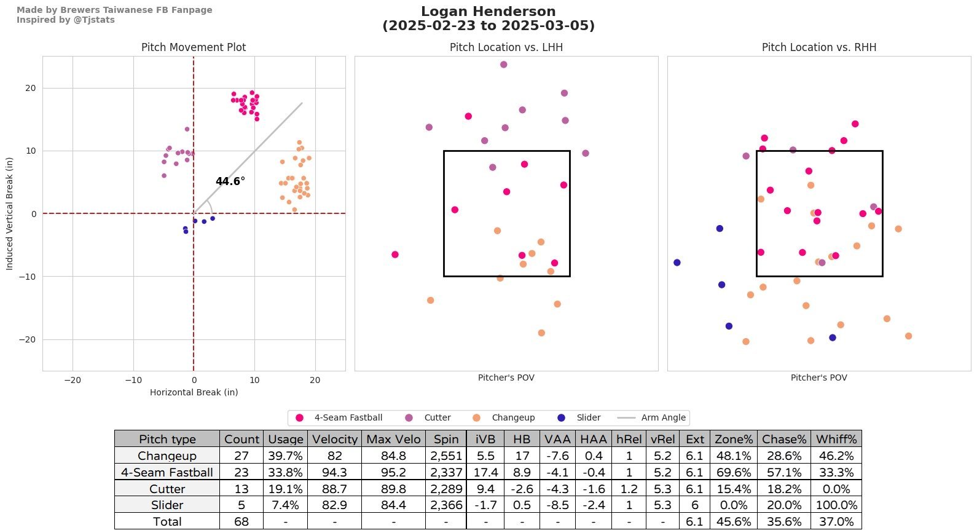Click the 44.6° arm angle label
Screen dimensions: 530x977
[230, 181]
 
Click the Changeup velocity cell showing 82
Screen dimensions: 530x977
[334, 456]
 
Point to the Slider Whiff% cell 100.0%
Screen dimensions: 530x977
[836, 505]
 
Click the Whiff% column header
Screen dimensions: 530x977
[836, 440]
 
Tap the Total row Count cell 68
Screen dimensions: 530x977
[241, 522]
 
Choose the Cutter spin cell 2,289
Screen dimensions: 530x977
[446, 489]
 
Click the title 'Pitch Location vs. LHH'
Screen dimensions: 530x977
[506, 47]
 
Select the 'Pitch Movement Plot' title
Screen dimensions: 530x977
[194, 47]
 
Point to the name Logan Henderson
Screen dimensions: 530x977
[488, 12]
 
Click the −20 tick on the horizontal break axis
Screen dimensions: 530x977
[73, 380]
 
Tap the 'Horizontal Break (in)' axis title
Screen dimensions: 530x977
[194, 392]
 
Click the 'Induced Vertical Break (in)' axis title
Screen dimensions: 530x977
[9, 213]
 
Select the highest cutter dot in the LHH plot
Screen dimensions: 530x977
[503, 65]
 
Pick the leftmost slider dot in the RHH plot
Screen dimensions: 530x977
[677, 263]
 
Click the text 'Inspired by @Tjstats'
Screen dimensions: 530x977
[66, 20]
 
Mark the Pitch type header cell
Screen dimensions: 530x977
[167, 440]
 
